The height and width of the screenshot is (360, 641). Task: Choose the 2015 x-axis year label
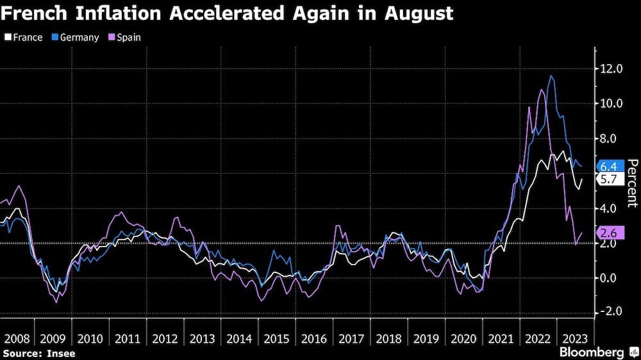tap(276, 338)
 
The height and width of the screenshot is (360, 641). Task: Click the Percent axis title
tap(632, 183)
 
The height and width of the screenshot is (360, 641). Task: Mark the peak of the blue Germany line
tap(551, 76)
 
